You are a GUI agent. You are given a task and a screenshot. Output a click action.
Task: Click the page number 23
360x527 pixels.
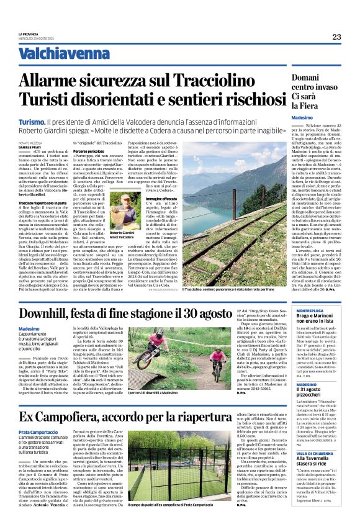[336, 37]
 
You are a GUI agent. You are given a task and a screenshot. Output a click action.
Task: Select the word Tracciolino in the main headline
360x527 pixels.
[240, 81]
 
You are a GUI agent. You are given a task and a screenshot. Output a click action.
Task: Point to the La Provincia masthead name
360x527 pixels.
[29, 34]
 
